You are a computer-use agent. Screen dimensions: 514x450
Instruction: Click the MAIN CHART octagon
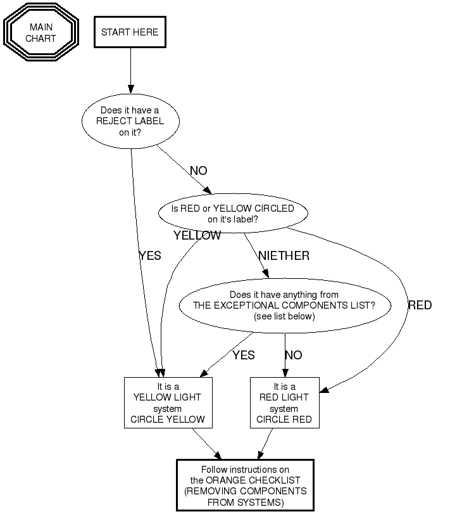(41, 33)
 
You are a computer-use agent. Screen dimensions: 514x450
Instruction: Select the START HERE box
(130, 32)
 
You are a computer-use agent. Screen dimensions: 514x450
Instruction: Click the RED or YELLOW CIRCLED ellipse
(233, 214)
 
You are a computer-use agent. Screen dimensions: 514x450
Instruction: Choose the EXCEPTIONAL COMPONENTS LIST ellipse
(284, 305)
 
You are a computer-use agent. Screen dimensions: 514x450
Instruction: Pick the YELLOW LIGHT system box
(168, 402)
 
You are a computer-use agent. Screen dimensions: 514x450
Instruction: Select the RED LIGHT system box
(284, 402)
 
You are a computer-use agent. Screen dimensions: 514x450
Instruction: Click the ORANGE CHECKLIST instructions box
(245, 485)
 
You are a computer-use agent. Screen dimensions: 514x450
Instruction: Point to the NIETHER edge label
(284, 256)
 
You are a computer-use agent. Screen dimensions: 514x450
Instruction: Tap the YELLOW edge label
(197, 236)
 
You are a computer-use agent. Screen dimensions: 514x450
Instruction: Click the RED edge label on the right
(420, 305)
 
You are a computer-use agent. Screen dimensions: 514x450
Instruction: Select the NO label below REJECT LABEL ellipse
(198, 170)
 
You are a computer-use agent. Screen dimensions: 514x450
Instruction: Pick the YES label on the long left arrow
(149, 256)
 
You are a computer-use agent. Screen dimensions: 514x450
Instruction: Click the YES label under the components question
(243, 356)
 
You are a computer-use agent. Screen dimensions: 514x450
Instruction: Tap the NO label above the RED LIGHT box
(293, 356)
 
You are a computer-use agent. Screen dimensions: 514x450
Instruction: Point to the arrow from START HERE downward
(130, 70)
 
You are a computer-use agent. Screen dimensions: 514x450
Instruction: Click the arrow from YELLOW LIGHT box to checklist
(206, 444)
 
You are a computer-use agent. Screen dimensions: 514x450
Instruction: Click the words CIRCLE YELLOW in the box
(168, 419)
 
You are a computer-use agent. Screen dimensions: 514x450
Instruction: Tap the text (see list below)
(284, 316)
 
